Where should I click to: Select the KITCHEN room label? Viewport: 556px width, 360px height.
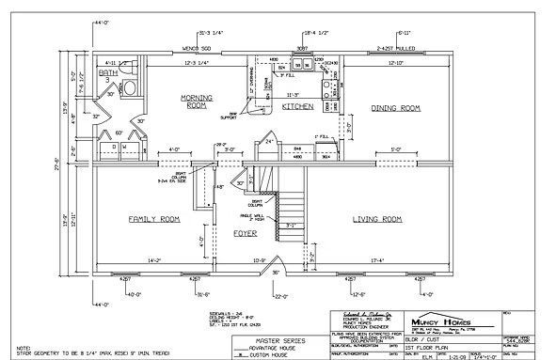(x=297, y=107)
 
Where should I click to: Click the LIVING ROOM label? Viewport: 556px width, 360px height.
(x=377, y=219)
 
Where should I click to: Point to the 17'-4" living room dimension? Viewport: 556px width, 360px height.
(x=383, y=259)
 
